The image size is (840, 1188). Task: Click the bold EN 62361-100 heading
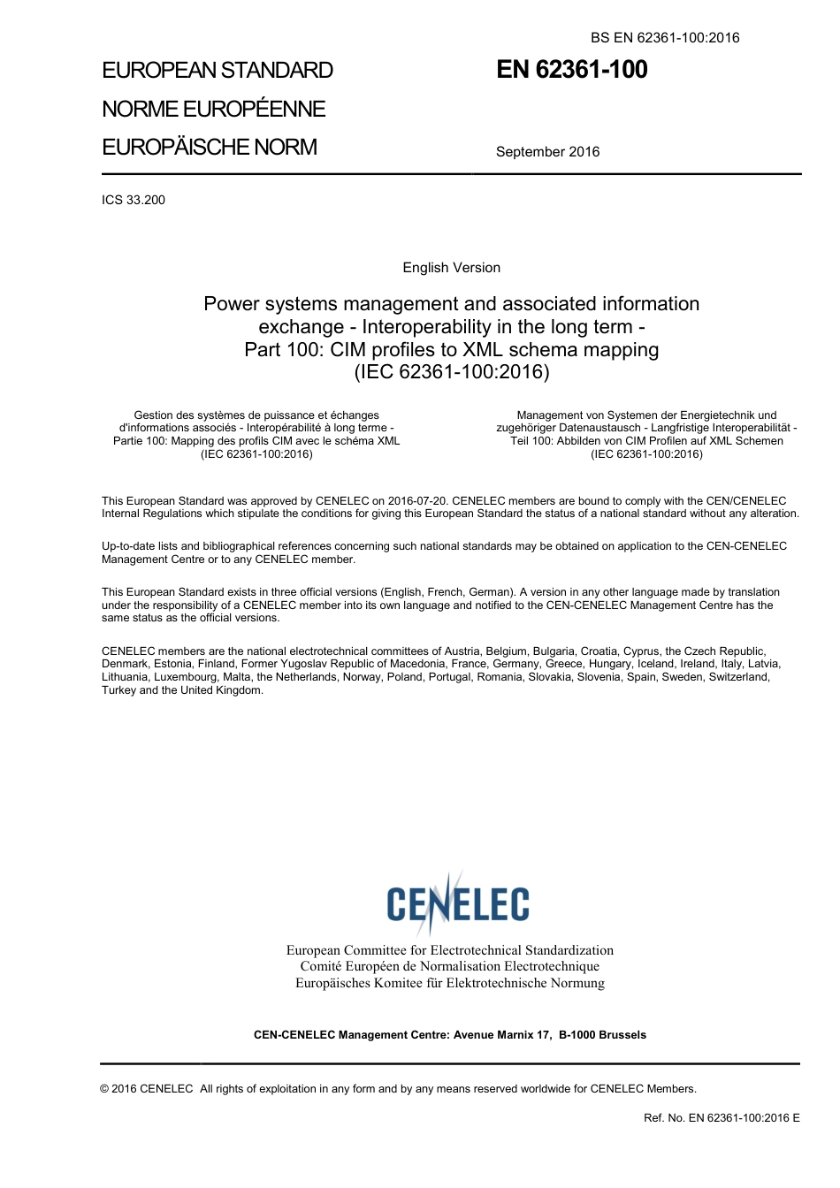pos(571,70)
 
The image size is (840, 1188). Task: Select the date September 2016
pos(547,152)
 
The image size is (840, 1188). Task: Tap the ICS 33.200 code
pos(134,200)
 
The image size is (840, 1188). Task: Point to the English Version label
pos(451,268)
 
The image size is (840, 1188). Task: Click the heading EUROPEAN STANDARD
pos(218,71)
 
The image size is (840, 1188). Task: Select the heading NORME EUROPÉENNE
pos(214,109)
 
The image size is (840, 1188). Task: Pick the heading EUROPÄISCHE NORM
pos(210,147)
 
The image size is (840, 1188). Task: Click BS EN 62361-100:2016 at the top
pos(665,38)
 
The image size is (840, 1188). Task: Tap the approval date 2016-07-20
pos(417,501)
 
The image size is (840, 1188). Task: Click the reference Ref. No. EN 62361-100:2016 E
pos(722,1118)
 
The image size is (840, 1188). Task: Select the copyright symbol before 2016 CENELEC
pos(105,1089)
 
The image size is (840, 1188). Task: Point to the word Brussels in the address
pos(622,1035)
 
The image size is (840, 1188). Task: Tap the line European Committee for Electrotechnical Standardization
pos(449,950)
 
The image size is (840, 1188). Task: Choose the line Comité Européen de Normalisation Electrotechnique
pos(449,966)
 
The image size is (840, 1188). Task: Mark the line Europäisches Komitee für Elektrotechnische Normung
pos(449,983)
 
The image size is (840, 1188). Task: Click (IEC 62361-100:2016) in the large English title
pos(451,372)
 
